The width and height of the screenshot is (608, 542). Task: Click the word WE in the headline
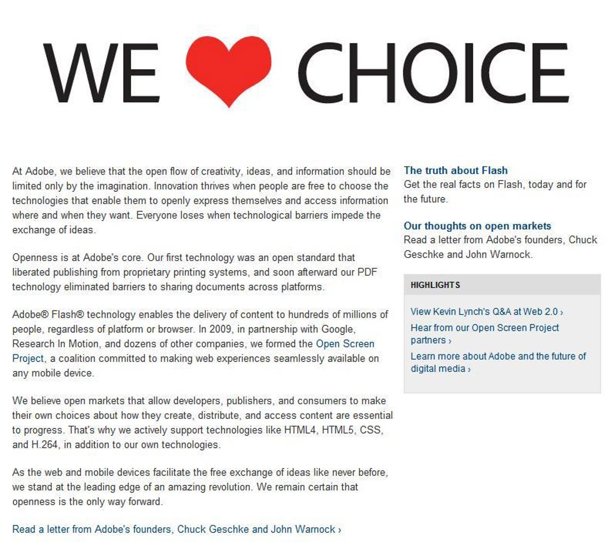102,72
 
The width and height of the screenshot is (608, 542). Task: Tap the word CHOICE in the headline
433,72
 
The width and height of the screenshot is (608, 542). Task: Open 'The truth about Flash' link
455,171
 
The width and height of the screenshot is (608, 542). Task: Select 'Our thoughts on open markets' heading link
477,226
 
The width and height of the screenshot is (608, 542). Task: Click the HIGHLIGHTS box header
435,285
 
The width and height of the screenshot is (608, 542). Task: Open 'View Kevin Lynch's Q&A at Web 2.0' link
486,312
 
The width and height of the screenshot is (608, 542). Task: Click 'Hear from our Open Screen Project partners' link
484,328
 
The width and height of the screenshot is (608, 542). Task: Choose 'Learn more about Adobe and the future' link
498,356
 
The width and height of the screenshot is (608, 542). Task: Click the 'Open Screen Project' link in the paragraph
345,344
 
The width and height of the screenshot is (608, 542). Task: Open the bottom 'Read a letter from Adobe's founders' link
176,529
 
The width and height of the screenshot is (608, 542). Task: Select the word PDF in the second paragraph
367,272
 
